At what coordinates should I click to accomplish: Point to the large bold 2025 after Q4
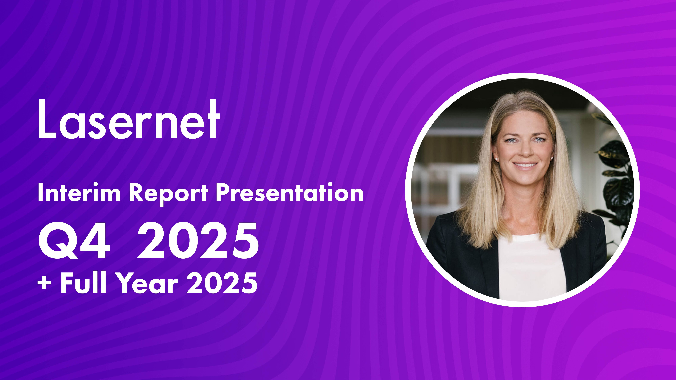[198, 240]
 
